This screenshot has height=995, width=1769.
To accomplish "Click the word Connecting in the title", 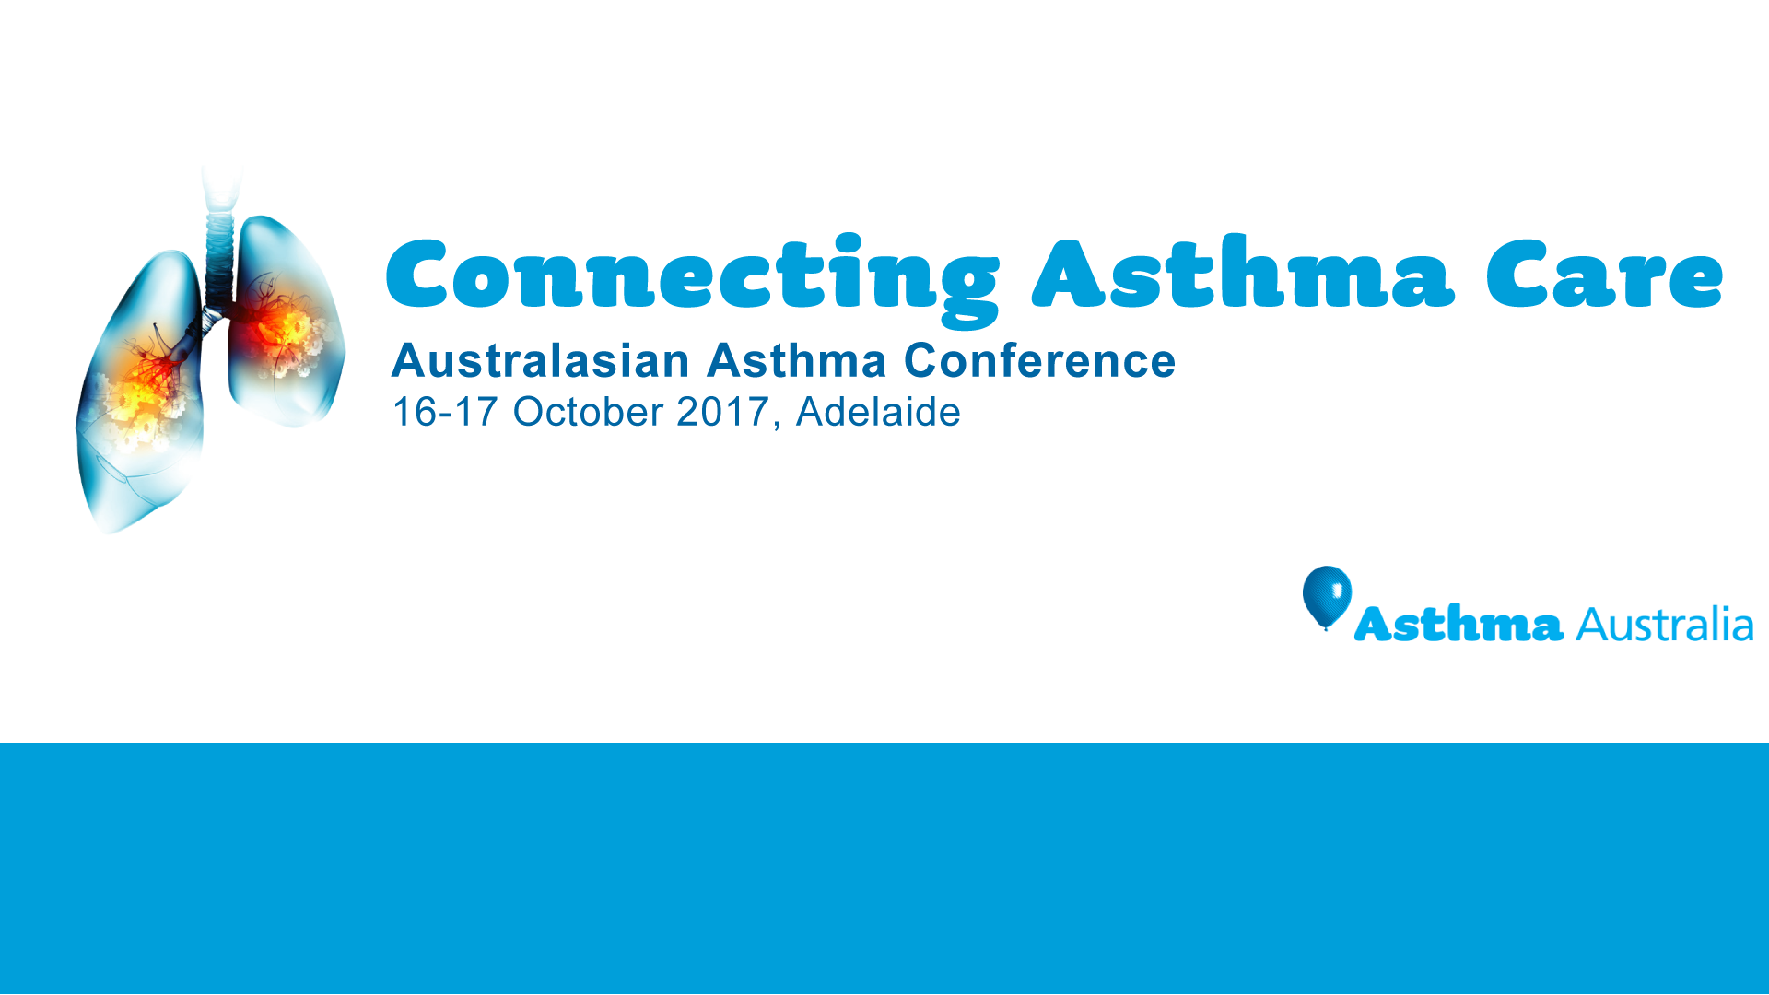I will [x=691, y=276].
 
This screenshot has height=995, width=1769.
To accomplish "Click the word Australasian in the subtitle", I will [x=540, y=360].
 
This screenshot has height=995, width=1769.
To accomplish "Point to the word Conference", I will [x=1039, y=360].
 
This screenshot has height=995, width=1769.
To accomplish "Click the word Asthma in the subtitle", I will [x=796, y=360].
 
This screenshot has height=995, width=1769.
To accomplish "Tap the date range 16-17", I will [x=445, y=412].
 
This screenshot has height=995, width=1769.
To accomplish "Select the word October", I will [x=588, y=412].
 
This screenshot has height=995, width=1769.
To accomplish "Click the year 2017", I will [x=722, y=412].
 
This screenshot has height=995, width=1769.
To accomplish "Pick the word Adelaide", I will [x=878, y=412].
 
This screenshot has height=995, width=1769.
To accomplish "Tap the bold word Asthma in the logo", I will [x=1459, y=625].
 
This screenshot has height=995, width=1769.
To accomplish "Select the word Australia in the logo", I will [x=1664, y=625].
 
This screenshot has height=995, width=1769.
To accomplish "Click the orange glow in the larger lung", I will [x=143, y=387].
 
